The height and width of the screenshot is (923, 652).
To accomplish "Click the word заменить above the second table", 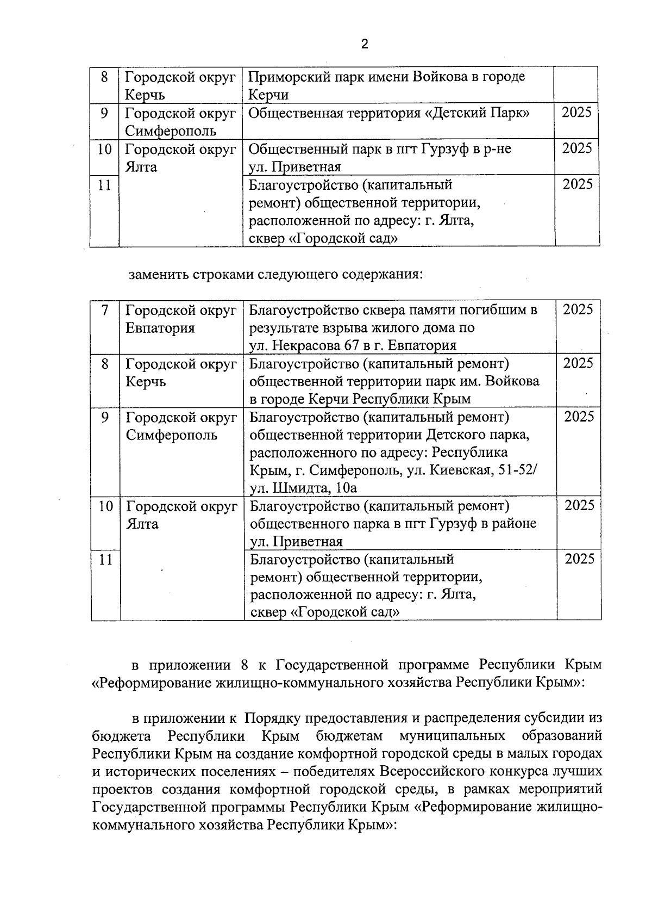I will point(158,274).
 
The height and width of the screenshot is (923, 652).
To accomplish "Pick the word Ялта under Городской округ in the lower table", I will point(142,524).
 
